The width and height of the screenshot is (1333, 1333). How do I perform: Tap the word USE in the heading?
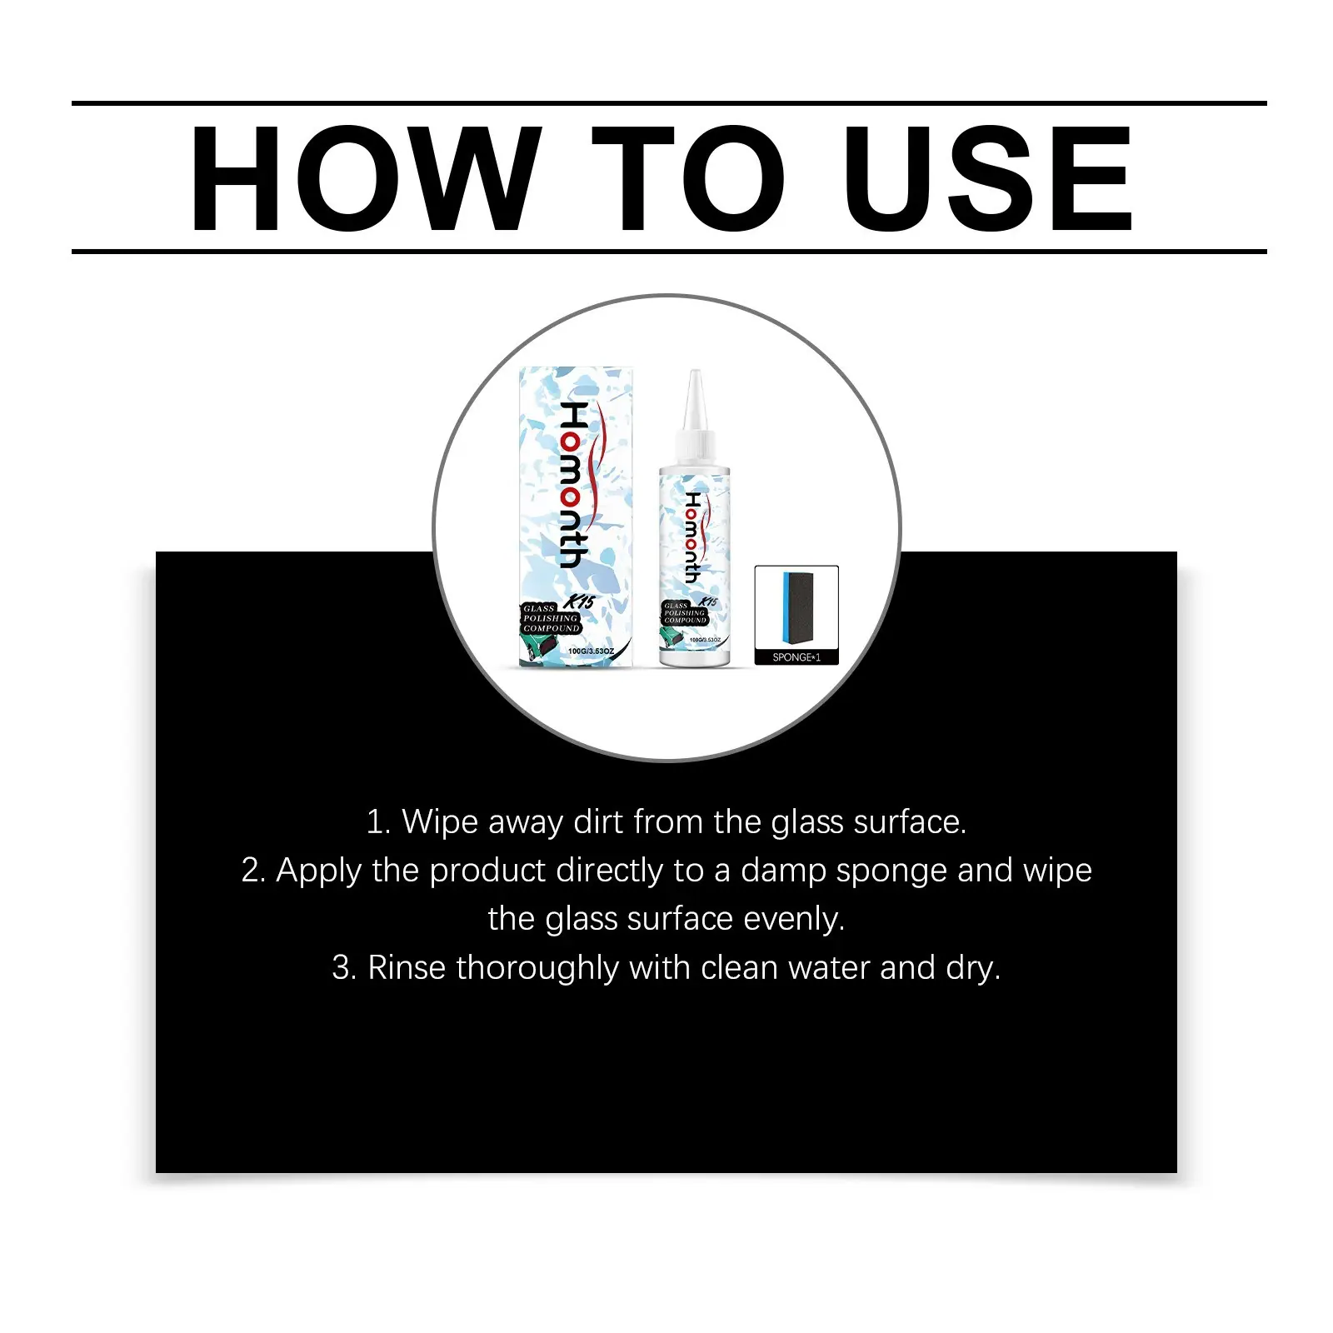coord(988,178)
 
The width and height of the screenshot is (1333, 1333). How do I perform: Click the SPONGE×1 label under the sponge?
coord(796,657)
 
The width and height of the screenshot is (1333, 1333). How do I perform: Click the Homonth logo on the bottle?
coord(693,537)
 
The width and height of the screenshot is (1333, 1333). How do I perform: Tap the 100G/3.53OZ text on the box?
coord(591,652)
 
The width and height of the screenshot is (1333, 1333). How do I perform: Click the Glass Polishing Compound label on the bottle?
coord(686,613)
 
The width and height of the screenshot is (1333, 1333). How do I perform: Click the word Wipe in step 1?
coord(440,822)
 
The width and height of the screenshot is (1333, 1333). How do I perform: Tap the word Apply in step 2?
coord(319,871)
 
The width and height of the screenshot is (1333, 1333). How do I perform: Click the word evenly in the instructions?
coord(794,920)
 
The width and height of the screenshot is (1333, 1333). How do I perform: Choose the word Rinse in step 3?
coord(407,968)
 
